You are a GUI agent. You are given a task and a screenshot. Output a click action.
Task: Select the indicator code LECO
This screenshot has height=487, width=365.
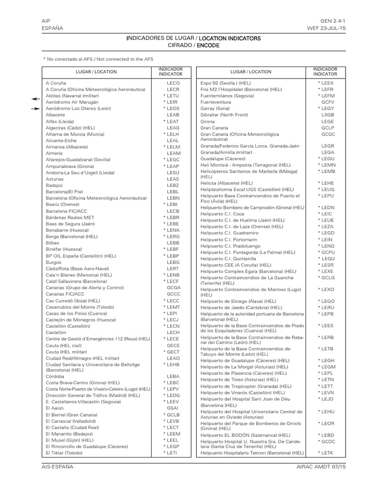pyautogui.click(x=173, y=83)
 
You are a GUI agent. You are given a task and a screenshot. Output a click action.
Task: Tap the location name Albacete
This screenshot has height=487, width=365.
pyautogui.click(x=56, y=115)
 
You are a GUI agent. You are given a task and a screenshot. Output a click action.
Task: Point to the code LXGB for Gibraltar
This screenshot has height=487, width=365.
pyautogui.click(x=327, y=115)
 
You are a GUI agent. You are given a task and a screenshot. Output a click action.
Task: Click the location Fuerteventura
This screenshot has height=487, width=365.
pyautogui.click(x=216, y=102)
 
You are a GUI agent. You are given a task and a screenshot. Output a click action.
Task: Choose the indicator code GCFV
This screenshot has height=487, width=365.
pyautogui.click(x=327, y=102)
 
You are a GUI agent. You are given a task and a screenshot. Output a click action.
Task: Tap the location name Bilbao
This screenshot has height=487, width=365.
pyautogui.click(x=53, y=243)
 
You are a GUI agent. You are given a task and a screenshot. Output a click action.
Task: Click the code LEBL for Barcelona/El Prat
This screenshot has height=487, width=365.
pyautogui.click(x=173, y=191)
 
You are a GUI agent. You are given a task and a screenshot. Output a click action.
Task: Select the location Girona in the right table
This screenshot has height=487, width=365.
pyautogui.click(x=208, y=122)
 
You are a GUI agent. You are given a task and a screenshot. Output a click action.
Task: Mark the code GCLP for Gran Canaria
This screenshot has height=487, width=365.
pyautogui.click(x=327, y=128)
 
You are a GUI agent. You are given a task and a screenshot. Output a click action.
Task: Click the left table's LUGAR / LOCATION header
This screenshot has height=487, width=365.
pyautogui.click(x=96, y=72)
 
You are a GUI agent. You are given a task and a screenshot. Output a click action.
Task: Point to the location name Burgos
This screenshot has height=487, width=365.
pyautogui.click(x=54, y=262)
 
